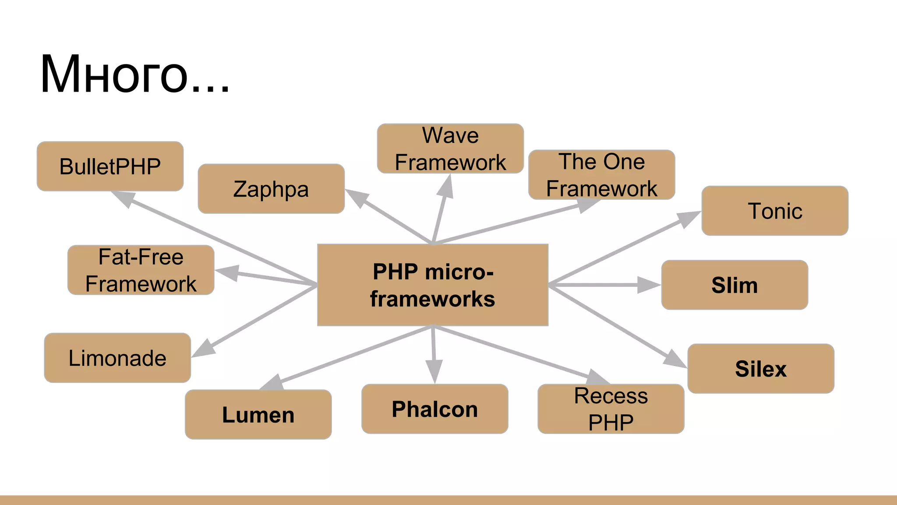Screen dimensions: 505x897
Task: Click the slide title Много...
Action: click(x=134, y=74)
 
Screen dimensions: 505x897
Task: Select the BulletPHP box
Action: click(x=110, y=167)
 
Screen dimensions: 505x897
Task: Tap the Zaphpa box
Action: click(x=271, y=189)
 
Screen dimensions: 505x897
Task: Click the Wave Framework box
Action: click(x=450, y=149)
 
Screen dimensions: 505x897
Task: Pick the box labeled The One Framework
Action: click(x=601, y=175)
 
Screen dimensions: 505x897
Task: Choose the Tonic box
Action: click(x=774, y=211)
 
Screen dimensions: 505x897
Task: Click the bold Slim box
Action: click(x=735, y=285)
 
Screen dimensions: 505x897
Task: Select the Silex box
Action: click(x=761, y=369)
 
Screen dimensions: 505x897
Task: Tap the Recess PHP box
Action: click(x=611, y=409)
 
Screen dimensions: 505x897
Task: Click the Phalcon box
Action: click(x=434, y=409)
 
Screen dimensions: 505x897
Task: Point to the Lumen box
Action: click(x=258, y=415)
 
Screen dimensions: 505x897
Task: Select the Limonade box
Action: click(x=117, y=358)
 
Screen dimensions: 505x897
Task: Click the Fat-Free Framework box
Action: click(x=141, y=270)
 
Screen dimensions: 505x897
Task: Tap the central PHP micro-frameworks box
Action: click(x=433, y=285)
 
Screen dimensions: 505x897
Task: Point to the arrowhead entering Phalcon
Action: click(x=434, y=371)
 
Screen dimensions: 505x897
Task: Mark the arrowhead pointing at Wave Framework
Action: click(x=447, y=186)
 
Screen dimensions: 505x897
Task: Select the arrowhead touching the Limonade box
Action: click(x=203, y=349)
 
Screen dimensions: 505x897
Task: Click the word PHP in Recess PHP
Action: click(x=611, y=423)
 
